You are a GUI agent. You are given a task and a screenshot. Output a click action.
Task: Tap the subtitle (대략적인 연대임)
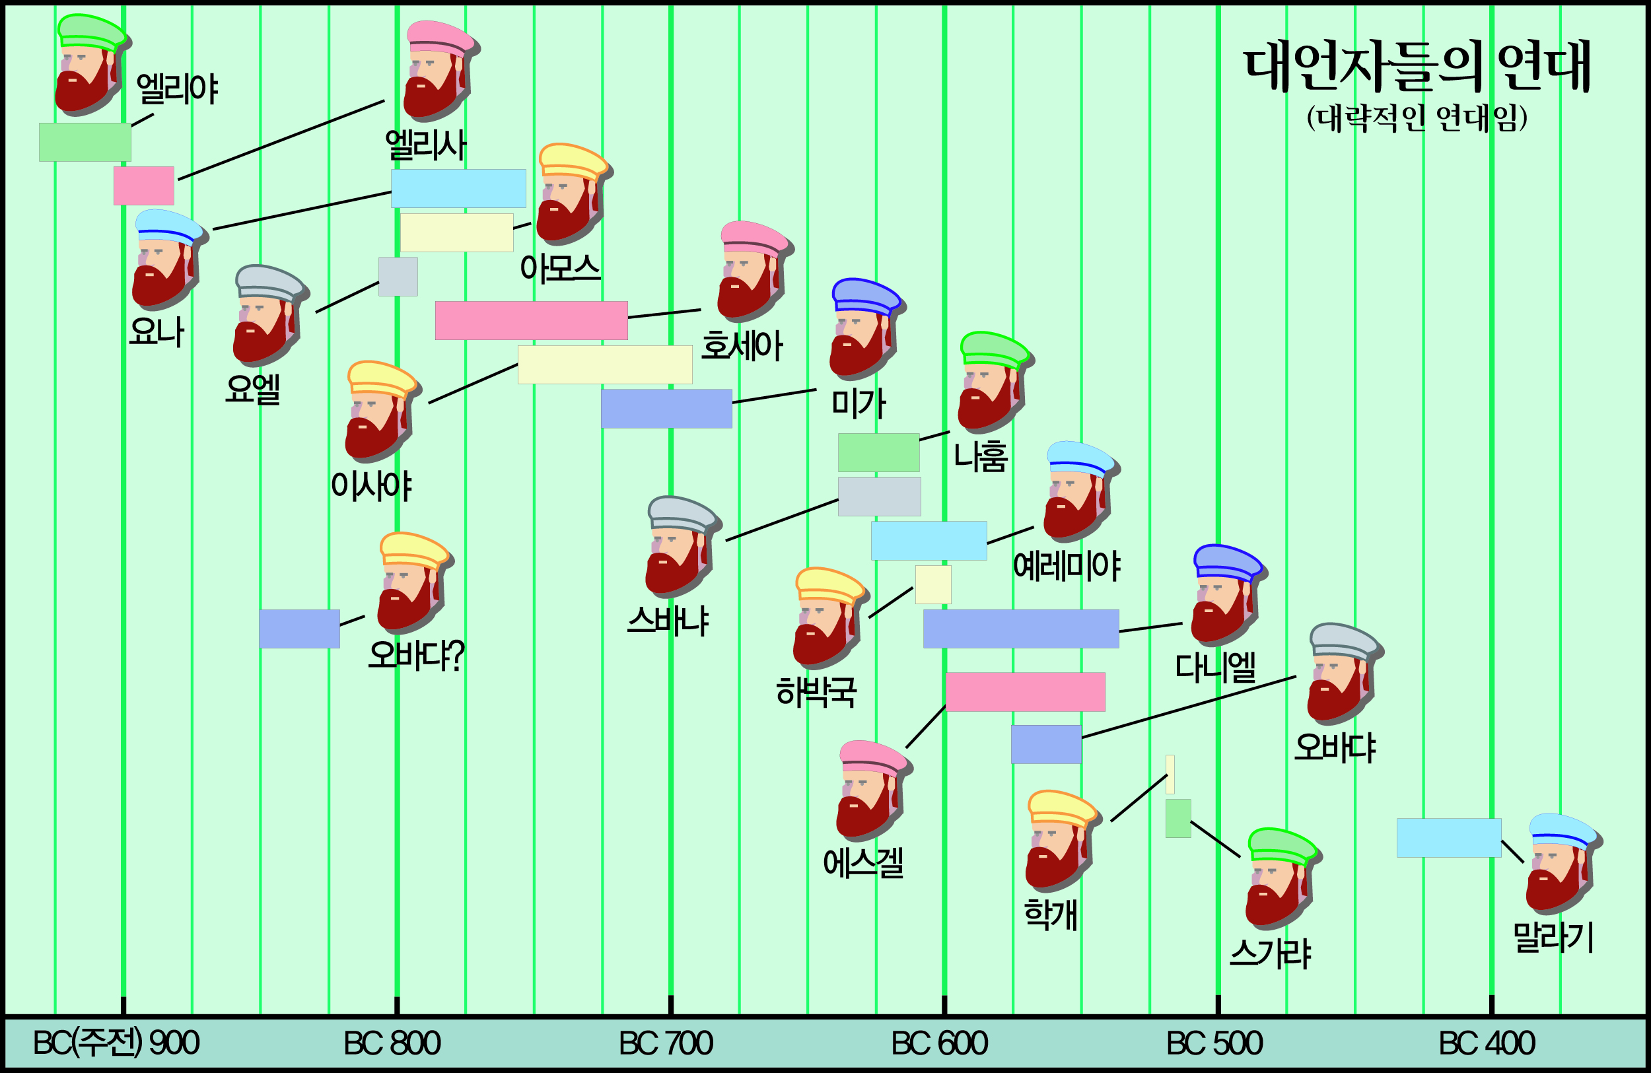click(1417, 118)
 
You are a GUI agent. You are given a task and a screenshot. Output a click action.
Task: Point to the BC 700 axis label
click(666, 1043)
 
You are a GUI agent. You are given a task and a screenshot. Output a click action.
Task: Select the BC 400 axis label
click(1487, 1043)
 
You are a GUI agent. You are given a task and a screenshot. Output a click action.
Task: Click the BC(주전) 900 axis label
click(116, 1043)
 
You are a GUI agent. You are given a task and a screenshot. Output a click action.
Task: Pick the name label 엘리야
click(178, 88)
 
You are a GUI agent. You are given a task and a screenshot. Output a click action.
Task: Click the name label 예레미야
click(1066, 566)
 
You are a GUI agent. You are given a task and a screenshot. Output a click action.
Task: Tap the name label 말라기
click(1553, 938)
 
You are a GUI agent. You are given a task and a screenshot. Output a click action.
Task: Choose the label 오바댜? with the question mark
click(416, 655)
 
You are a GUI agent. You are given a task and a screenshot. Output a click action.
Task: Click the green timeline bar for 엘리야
click(85, 142)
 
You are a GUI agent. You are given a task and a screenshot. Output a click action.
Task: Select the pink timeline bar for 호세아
click(532, 320)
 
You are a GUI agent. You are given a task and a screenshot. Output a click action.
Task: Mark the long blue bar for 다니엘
click(1021, 629)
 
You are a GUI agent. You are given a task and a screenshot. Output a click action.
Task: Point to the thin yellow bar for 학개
click(1170, 774)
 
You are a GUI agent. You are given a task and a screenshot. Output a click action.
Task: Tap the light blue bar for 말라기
click(1449, 838)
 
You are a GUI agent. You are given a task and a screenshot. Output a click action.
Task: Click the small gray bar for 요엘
click(398, 277)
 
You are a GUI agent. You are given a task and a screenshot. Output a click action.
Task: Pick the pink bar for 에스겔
click(1026, 691)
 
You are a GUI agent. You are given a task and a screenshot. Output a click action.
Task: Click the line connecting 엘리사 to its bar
click(281, 139)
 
